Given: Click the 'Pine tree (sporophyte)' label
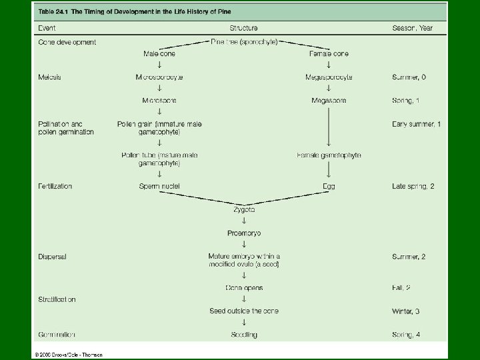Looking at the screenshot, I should tap(244, 41).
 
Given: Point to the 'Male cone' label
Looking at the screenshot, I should tap(159, 53).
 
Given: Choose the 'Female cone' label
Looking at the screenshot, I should tap(329, 53).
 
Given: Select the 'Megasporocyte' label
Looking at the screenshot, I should tap(329, 77).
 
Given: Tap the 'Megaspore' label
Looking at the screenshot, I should tap(329, 101).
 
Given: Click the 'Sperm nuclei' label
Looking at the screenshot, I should tap(159, 187).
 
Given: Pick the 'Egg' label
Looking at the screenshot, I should tap(329, 187).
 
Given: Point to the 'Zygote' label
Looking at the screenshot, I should tap(243, 209).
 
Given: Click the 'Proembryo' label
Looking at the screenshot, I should tap(243, 233).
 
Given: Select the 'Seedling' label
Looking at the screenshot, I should tap(243, 335).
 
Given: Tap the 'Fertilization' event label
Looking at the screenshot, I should tap(54, 187).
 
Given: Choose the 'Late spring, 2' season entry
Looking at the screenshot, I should tap(413, 187).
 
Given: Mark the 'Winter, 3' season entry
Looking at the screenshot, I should tap(408, 311).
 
